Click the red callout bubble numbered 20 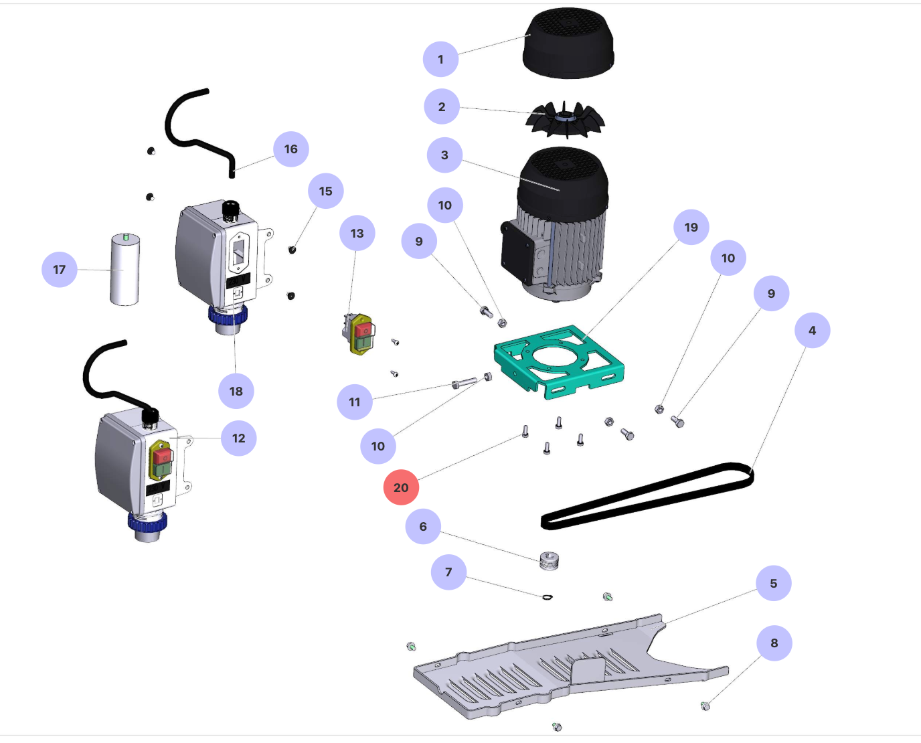pos(401,487)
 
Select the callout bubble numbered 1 pos(440,59)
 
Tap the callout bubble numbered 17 pos(60,269)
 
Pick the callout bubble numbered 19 pos(691,227)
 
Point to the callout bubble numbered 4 pos(812,330)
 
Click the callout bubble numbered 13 pos(357,233)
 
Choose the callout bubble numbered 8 pos(774,643)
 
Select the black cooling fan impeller pos(566,120)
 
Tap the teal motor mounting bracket pos(559,361)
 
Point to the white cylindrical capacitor pos(125,269)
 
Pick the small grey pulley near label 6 pos(549,561)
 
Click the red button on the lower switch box pos(161,456)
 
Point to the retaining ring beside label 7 pos(548,596)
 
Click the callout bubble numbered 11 pos(355,402)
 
